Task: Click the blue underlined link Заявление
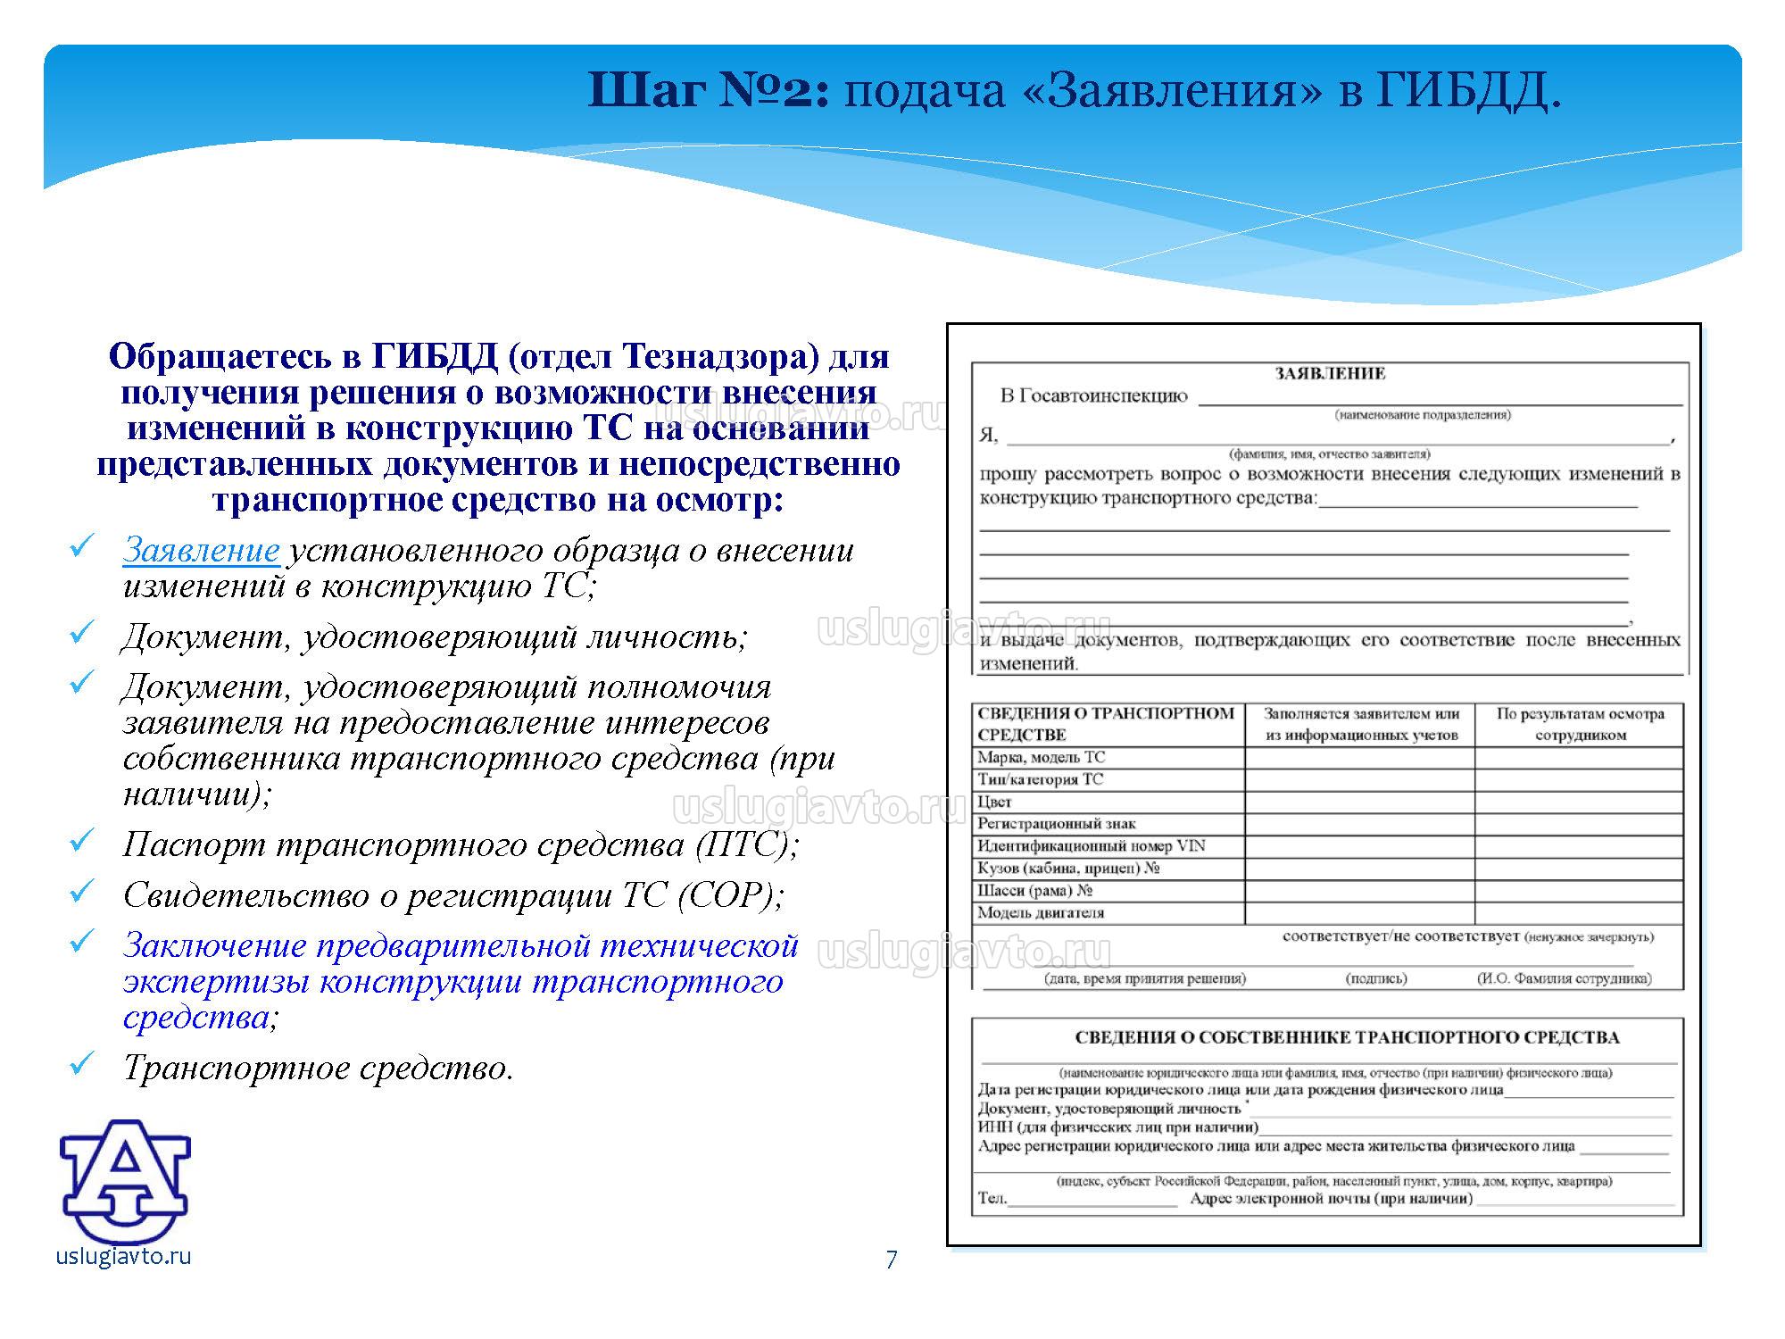[x=201, y=551]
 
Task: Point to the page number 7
[x=891, y=1260]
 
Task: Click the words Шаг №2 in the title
[x=709, y=90]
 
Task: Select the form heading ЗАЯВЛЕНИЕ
[x=1330, y=373]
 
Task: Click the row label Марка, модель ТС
[x=1041, y=757]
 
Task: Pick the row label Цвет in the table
[x=994, y=802]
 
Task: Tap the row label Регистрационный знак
[x=1056, y=823]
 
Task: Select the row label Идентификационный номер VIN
[x=1091, y=845]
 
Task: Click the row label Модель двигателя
[x=1040, y=912]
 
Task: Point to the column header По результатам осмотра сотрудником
[x=1580, y=724]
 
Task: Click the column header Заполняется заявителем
[x=1361, y=724]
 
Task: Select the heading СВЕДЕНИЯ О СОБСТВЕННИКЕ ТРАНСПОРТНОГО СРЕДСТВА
[x=1347, y=1037]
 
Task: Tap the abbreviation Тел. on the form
[x=992, y=1198]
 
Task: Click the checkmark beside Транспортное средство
[x=82, y=1062]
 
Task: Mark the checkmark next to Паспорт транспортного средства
[x=82, y=839]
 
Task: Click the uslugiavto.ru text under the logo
[x=123, y=1256]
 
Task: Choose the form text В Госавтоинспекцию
[x=1093, y=396]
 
